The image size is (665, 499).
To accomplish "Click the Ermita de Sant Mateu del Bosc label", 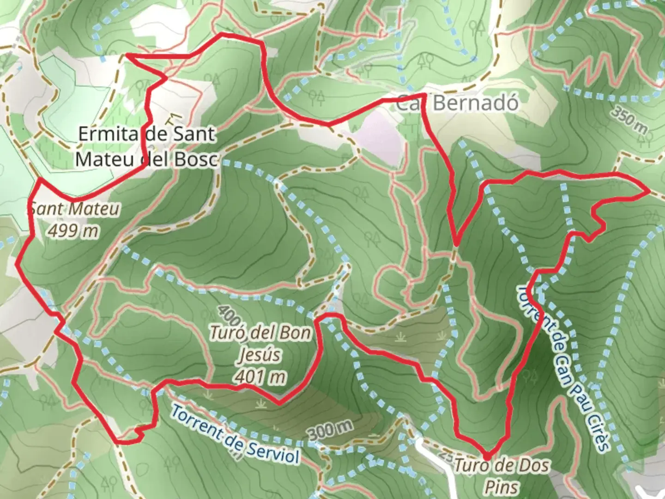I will point(146,146).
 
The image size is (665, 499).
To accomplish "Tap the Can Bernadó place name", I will point(457,103).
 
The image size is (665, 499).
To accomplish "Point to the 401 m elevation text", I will point(260,377).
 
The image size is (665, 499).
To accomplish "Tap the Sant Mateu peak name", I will point(74,209).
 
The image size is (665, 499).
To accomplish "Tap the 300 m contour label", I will point(330,431).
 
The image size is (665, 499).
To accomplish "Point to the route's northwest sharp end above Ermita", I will point(127,56).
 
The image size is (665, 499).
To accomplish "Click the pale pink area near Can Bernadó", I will point(377,139).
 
